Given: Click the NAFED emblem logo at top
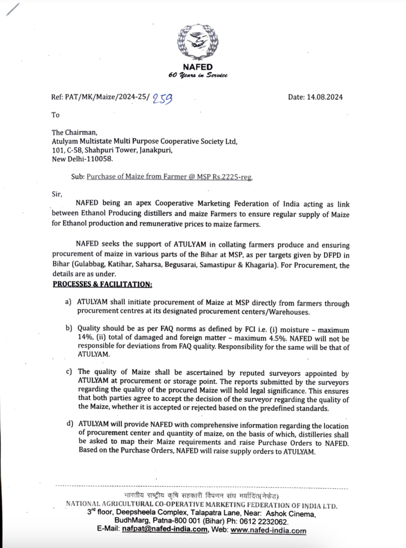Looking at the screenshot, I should (x=198, y=42).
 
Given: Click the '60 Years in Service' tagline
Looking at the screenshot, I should (x=198, y=75).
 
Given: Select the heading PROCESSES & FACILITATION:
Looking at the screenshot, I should (x=102, y=284).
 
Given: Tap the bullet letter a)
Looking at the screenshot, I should (x=68, y=301).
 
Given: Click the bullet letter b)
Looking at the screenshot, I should (x=68, y=328).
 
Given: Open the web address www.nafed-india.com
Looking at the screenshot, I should (x=269, y=530).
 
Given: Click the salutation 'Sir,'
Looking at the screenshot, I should (x=56, y=194).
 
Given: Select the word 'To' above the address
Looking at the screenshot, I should (x=56, y=115).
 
